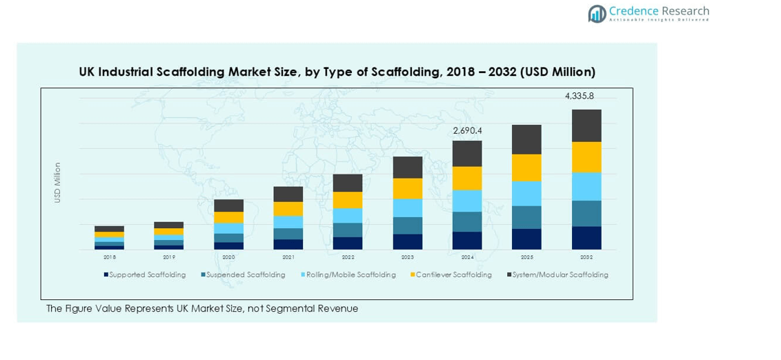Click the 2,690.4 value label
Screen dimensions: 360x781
(467, 130)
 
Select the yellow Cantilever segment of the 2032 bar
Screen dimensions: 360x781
(586, 157)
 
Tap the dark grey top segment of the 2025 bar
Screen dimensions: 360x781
(526, 139)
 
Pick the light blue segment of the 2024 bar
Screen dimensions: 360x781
(467, 201)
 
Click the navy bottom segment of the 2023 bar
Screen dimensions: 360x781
(408, 241)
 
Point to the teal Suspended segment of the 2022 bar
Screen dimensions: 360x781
(348, 230)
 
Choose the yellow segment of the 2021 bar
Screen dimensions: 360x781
(288, 209)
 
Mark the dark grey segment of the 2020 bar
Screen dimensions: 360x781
(228, 206)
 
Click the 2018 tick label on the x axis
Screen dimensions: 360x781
(110, 257)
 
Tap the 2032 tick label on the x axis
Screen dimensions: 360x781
(586, 257)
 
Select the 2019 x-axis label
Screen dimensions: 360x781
(169, 257)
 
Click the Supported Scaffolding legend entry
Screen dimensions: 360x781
(147, 274)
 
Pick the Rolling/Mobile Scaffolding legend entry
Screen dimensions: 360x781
(350, 274)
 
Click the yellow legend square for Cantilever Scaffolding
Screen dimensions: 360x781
(413, 274)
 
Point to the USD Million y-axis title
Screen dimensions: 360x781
(58, 182)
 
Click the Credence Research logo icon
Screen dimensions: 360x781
(597, 13)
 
